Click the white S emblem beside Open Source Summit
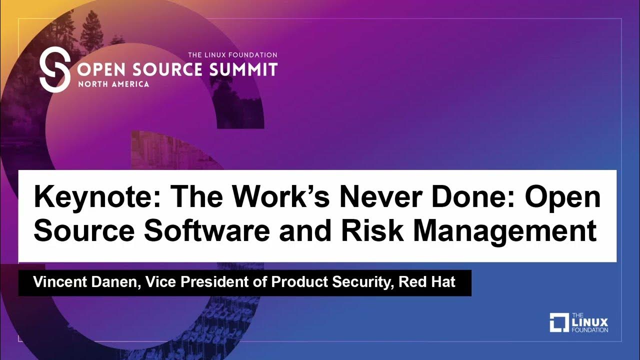tap(54, 70)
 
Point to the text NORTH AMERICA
tap(113, 84)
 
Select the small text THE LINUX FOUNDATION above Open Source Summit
tap(232, 54)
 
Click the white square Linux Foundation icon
tap(559, 322)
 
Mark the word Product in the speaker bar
tap(296, 282)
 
